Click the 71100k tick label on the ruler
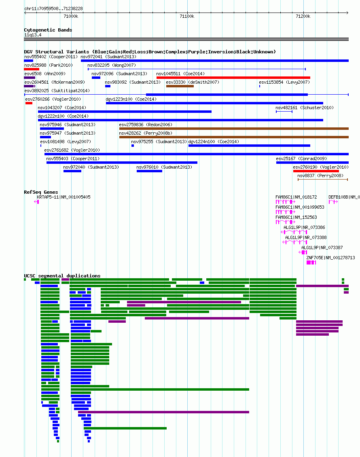187,16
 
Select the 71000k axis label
71,16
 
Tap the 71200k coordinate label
303,16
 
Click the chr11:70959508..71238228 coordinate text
53,8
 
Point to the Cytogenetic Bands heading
48,30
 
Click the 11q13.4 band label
33,35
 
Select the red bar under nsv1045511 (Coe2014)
233,78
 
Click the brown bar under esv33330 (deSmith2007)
180,86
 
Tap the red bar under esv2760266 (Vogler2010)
29,103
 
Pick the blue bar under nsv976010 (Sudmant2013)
149,171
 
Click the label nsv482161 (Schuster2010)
305,108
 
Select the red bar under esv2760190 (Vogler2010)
316,171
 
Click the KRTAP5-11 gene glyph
36,202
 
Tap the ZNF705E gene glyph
311,262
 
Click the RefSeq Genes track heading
41,192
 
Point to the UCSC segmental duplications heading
62,276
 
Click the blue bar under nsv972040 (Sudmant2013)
72,171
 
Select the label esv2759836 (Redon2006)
146,125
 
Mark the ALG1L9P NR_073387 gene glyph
303,252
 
